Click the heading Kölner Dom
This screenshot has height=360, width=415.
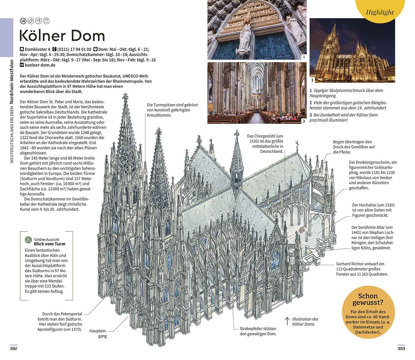click(62, 36)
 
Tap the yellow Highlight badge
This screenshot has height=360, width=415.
click(380, 10)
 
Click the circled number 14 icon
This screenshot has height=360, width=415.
click(23, 21)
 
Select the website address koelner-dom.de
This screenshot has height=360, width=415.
click(40, 65)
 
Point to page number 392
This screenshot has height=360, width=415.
click(14, 348)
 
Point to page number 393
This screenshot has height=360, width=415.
click(401, 348)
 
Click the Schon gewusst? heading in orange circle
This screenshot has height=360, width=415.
click(368, 299)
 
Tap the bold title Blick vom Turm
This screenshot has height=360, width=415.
click(50, 244)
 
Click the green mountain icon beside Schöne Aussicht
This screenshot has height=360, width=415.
click(28, 240)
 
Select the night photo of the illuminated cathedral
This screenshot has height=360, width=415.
click(352, 50)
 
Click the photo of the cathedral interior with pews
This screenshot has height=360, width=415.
click(257, 93)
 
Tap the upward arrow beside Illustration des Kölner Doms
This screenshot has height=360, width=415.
click(287, 321)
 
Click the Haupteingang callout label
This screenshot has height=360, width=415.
click(98, 334)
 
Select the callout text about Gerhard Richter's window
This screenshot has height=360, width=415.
click(362, 269)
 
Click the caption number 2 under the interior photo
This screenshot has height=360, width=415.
click(304, 121)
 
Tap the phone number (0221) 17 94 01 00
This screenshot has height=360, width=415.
click(74, 49)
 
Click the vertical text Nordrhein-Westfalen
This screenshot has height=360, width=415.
click(12, 82)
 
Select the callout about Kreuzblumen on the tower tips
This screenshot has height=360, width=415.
click(172, 110)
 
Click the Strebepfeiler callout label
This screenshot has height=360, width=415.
click(258, 331)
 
